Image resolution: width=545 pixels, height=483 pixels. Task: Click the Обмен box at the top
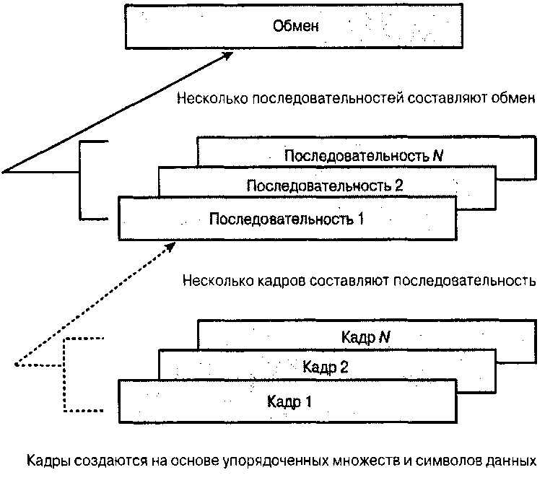tap(296, 27)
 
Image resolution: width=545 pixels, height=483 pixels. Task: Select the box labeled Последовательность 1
tap(286, 218)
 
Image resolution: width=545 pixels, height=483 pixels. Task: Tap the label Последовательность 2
tap(324, 186)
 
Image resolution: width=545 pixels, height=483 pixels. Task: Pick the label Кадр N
tap(364, 336)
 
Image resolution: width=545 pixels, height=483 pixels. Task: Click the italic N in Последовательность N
tap(437, 156)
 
